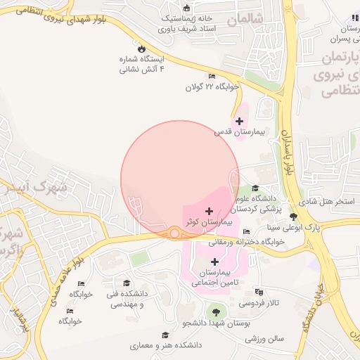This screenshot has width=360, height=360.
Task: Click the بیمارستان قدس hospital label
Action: tap(232, 131)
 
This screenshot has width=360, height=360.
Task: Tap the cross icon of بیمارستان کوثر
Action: tap(209, 211)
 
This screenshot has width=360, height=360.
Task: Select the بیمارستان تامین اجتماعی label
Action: tap(215, 277)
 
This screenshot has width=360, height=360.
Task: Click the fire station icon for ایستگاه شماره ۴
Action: tap(142, 49)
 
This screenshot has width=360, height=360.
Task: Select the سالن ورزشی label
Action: tap(264, 338)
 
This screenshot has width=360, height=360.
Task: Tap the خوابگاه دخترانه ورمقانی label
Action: tap(246, 241)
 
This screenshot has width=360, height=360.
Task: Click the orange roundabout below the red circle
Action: tap(174, 233)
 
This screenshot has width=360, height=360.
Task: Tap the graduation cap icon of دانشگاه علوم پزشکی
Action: tap(255, 188)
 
